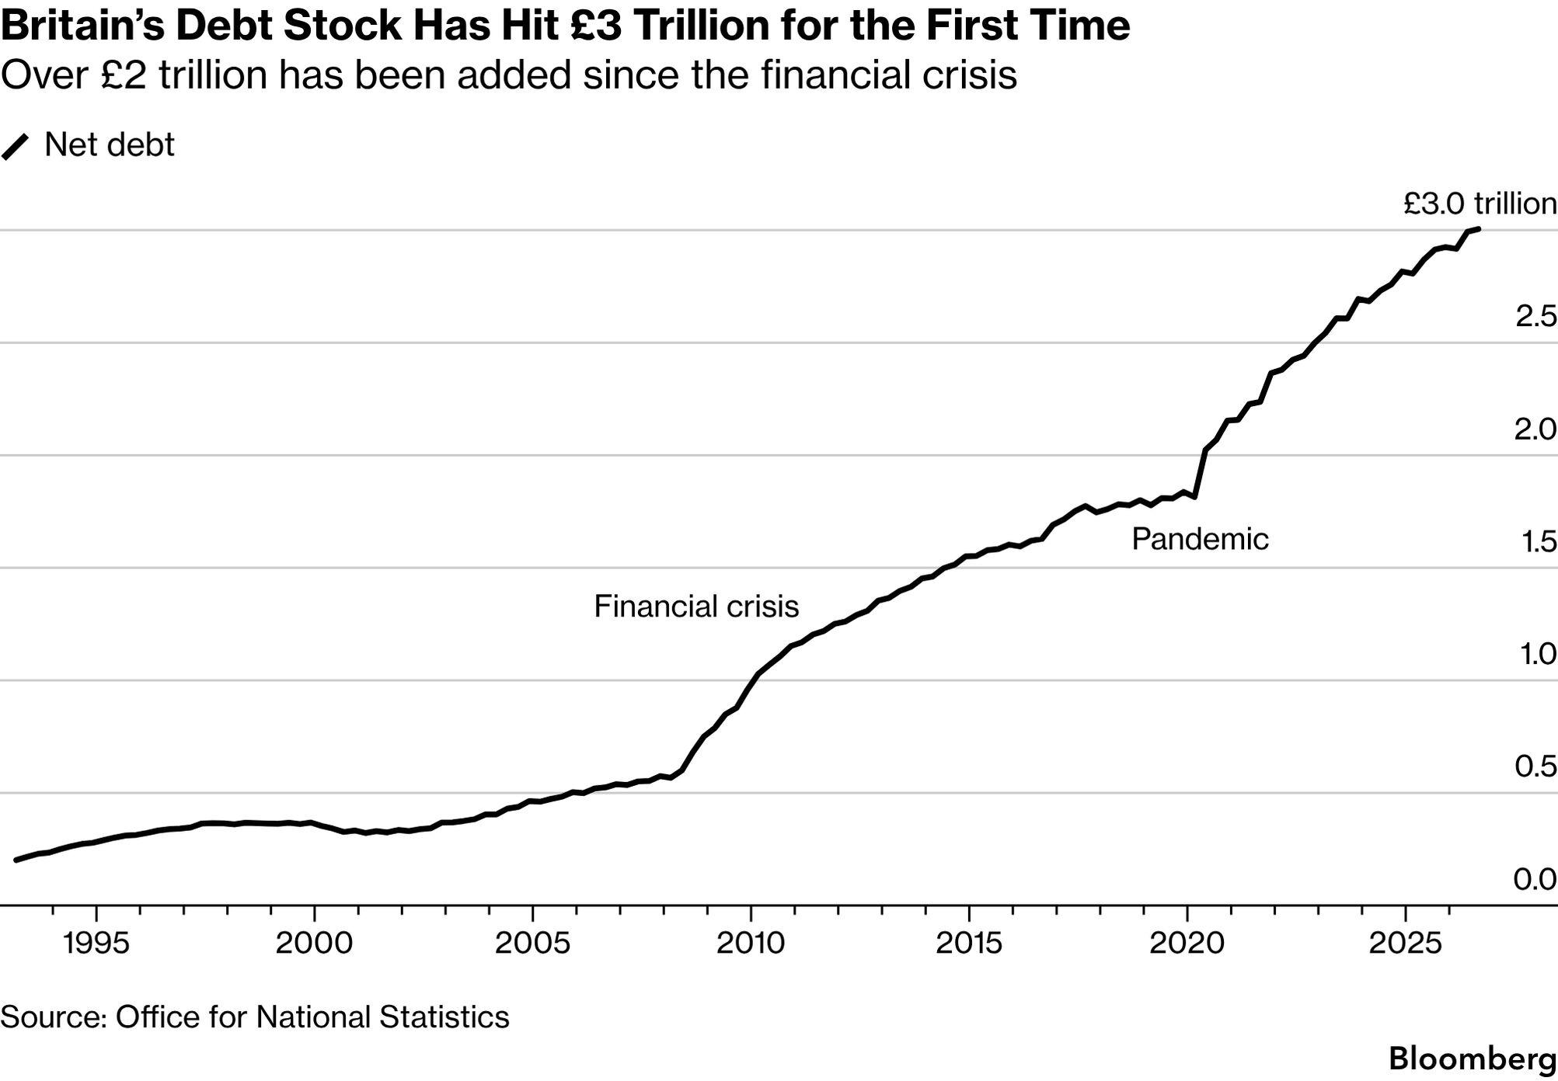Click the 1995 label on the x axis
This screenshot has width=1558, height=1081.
click(96, 943)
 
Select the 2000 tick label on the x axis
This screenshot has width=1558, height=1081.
click(314, 943)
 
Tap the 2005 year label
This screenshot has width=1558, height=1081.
click(532, 943)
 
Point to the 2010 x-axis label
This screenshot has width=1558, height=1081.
click(751, 943)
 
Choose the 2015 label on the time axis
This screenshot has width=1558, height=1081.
click(969, 943)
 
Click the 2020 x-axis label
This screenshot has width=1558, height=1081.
click(1187, 943)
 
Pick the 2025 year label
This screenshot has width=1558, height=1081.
click(1405, 943)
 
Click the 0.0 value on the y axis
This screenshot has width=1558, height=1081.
click(1535, 879)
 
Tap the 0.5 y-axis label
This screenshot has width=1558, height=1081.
click(1535, 766)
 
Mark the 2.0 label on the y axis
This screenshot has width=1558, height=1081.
click(1535, 429)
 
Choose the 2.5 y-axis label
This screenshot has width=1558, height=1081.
click(1535, 316)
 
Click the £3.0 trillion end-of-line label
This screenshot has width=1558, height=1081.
click(1480, 203)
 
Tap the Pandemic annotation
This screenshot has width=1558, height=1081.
click(1200, 539)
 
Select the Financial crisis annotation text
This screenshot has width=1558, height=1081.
click(696, 607)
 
